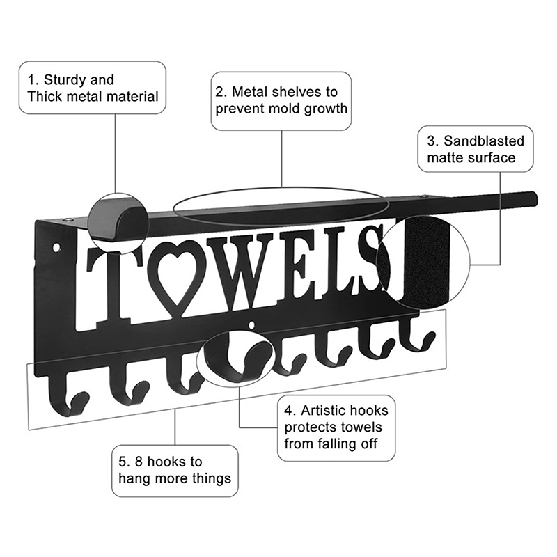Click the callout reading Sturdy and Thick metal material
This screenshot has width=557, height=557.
click(x=93, y=88)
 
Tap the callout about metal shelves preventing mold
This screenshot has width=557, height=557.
click(x=281, y=100)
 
